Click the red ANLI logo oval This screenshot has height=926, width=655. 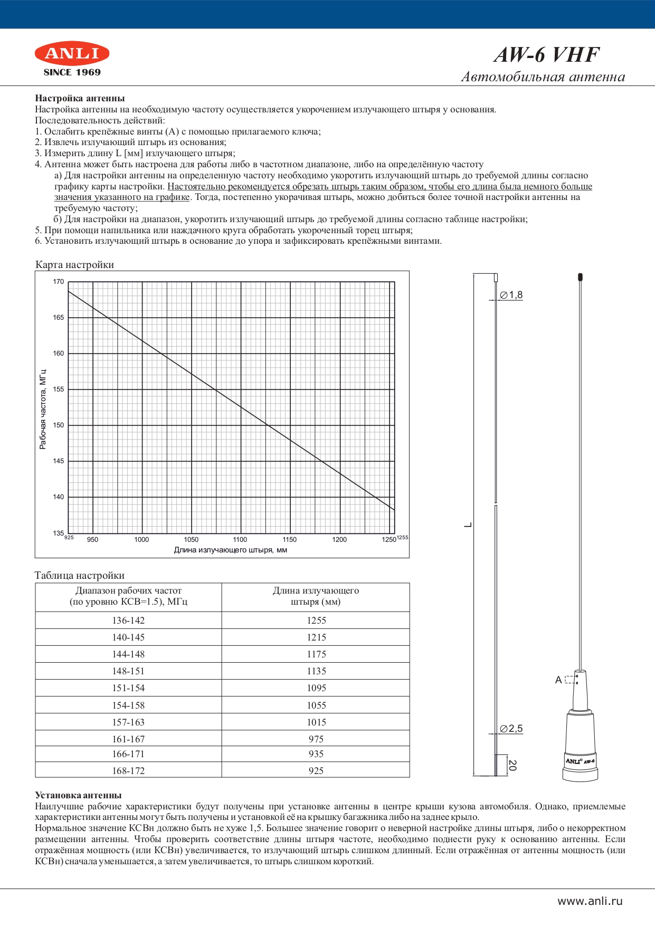(x=72, y=53)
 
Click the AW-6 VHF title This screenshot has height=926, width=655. (x=547, y=55)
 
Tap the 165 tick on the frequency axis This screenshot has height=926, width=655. (x=58, y=318)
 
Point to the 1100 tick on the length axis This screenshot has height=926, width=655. (x=240, y=540)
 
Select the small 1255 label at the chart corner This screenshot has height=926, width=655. (x=402, y=537)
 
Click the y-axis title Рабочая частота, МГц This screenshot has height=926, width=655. (x=43, y=409)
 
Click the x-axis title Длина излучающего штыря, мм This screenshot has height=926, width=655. (x=231, y=550)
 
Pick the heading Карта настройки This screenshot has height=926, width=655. (x=74, y=264)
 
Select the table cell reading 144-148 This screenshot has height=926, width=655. (x=128, y=654)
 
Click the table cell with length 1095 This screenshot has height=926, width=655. (x=316, y=688)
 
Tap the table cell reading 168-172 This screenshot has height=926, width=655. (x=128, y=771)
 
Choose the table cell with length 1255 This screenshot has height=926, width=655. (x=316, y=620)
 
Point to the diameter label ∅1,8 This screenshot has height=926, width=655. (x=511, y=295)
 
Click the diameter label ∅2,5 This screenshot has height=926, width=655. (x=511, y=729)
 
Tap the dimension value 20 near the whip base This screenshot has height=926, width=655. (x=512, y=765)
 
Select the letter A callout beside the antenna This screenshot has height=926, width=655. (x=558, y=680)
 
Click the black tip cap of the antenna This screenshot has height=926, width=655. (x=580, y=276)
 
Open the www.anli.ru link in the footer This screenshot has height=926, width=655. (x=590, y=901)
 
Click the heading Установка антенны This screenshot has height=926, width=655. (x=78, y=795)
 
